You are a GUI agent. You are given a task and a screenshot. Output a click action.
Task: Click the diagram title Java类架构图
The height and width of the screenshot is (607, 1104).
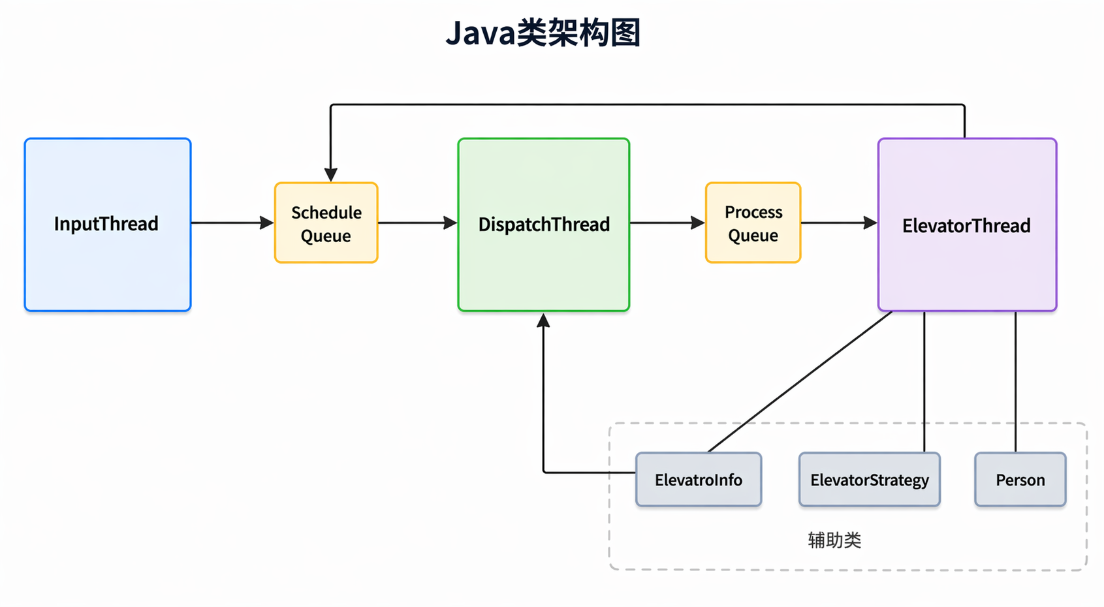543,33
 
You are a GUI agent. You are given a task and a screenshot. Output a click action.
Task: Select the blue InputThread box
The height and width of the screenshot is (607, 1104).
108,225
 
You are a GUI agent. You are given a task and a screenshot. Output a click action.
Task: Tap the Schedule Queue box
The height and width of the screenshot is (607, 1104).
326,223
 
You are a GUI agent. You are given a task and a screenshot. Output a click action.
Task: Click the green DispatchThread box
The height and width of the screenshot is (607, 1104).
544,225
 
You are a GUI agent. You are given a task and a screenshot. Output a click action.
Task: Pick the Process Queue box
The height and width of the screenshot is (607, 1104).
753,223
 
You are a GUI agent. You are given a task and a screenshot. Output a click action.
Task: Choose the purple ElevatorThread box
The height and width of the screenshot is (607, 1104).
967,225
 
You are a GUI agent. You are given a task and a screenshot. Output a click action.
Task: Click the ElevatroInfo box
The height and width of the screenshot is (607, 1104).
699,479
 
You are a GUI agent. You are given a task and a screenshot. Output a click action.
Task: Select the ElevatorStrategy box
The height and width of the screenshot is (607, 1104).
870,479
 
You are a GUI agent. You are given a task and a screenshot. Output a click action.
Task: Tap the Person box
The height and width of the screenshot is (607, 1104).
1020,479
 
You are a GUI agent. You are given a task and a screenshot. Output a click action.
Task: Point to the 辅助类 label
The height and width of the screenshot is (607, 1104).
834,540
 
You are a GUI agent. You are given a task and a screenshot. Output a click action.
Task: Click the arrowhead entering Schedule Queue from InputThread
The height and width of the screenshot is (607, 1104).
267,223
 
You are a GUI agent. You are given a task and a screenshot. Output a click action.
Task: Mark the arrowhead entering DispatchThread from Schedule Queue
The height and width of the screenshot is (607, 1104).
450,223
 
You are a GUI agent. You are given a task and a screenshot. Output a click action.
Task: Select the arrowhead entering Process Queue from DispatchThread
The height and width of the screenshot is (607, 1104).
698,223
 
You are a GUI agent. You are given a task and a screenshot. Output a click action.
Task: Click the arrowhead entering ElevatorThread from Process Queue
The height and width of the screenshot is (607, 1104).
870,223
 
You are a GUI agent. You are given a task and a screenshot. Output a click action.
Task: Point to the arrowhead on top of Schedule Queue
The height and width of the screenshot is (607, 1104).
331,175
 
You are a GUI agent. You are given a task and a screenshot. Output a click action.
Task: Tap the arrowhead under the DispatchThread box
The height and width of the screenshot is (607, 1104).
543,320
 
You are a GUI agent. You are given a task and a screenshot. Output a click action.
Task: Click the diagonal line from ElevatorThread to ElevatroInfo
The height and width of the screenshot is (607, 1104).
800,382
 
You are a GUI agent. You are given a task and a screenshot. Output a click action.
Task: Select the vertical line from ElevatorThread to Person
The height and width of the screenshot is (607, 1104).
1015,382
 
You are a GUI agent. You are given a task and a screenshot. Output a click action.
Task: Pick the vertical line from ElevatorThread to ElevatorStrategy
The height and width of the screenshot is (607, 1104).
924,382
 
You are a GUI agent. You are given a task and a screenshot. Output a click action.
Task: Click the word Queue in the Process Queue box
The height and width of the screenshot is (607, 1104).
753,236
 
